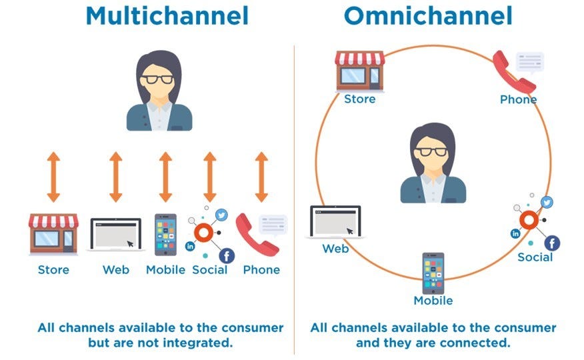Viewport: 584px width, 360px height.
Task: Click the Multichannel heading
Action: [x=167, y=17]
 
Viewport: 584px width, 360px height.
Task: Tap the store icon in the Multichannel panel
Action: [x=53, y=235]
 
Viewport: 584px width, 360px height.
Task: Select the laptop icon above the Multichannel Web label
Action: [x=116, y=235]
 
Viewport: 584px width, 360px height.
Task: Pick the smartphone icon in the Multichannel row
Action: [x=165, y=235]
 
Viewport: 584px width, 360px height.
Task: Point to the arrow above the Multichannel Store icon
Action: [x=53, y=177]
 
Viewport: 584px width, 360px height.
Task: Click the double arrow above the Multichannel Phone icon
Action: [x=261, y=177]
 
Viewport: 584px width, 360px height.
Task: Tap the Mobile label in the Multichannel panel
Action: [x=165, y=270]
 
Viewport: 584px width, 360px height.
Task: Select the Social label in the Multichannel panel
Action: [x=209, y=270]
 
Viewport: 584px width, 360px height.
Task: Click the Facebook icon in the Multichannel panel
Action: [x=227, y=255]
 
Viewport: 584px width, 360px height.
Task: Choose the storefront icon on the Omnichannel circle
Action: [x=360, y=70]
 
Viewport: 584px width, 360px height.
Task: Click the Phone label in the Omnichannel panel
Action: [x=518, y=100]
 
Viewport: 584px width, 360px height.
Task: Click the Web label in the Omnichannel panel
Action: [x=335, y=249]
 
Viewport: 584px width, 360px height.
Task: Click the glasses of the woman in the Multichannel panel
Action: [x=160, y=79]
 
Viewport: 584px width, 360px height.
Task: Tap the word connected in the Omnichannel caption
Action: [x=477, y=343]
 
